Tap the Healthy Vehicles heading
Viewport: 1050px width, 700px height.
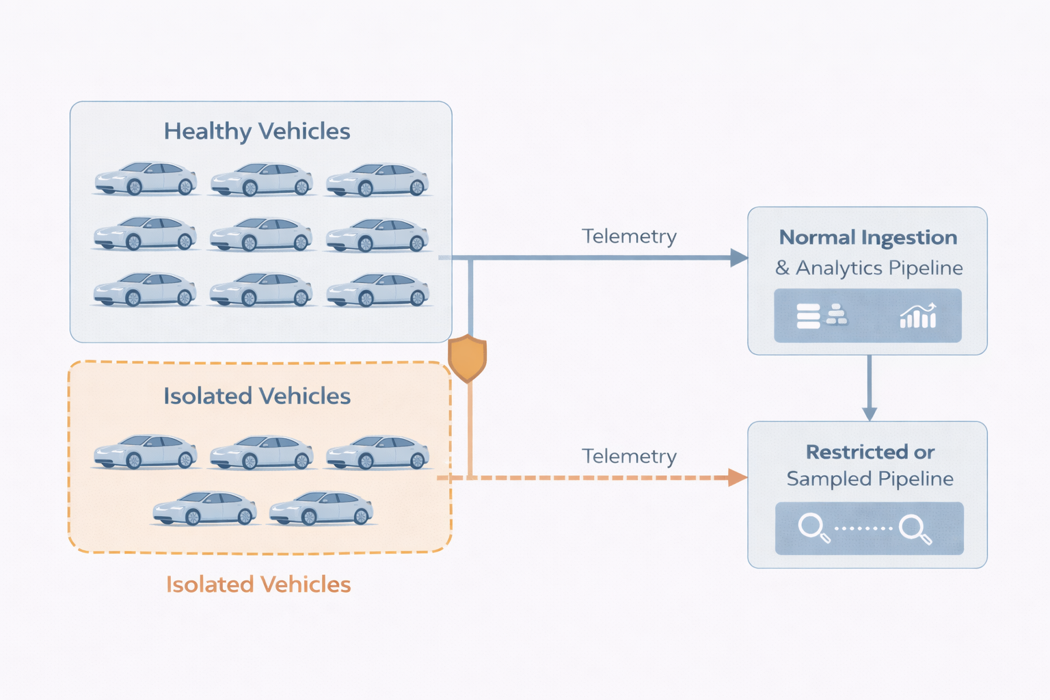click(x=257, y=131)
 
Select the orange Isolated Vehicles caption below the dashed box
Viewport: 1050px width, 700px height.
click(x=258, y=584)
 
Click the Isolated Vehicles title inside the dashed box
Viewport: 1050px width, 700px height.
click(x=257, y=396)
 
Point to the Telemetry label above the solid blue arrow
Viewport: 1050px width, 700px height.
click(x=629, y=237)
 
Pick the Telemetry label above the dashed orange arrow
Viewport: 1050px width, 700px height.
click(x=629, y=457)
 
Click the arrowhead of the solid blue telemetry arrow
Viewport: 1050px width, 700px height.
click(x=738, y=258)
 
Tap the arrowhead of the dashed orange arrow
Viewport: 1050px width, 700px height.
click(x=737, y=477)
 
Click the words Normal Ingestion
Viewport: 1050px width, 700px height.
click(x=868, y=238)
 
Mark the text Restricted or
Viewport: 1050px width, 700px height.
click(x=870, y=453)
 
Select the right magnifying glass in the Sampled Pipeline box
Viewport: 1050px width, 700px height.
click(x=915, y=528)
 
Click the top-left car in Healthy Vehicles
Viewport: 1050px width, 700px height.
click(x=146, y=179)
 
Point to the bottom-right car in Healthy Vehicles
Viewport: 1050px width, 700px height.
click(x=377, y=290)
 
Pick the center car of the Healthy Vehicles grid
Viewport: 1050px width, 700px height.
click(x=261, y=234)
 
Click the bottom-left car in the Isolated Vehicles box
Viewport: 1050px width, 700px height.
click(x=204, y=509)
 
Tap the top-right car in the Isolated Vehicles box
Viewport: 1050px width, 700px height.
click(x=377, y=453)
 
